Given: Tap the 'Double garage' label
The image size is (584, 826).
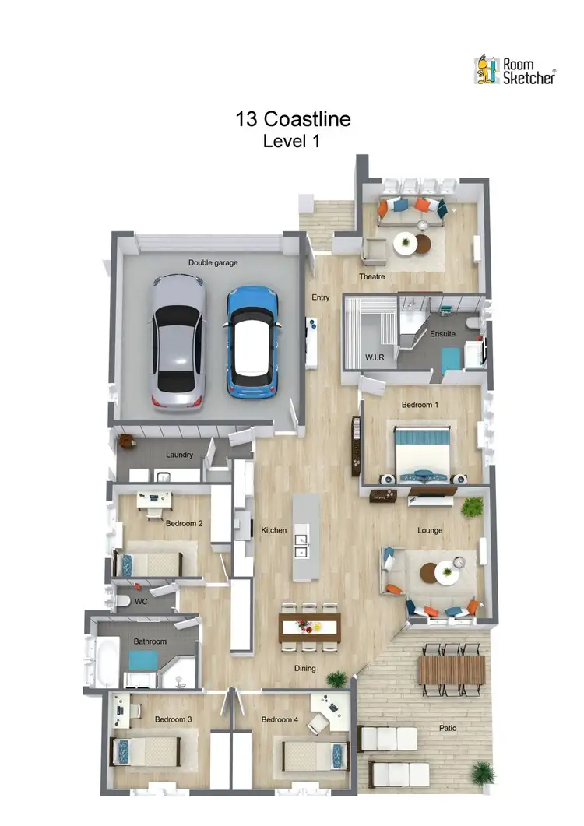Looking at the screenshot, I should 213,263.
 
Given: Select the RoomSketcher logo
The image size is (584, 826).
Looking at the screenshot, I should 515,70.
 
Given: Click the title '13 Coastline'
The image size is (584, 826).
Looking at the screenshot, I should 293,119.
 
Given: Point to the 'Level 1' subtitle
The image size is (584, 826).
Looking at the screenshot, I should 292,142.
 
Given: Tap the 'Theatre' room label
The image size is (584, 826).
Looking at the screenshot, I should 372,277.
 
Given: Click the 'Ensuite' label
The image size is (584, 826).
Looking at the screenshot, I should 442,334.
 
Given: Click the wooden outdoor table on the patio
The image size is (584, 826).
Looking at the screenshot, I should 452,670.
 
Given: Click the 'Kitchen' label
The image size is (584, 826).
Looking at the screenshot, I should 273,530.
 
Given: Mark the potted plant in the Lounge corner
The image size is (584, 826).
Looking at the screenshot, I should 472,508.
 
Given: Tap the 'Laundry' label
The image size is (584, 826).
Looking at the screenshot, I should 179,455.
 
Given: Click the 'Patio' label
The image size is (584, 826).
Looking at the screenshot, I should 447,729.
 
